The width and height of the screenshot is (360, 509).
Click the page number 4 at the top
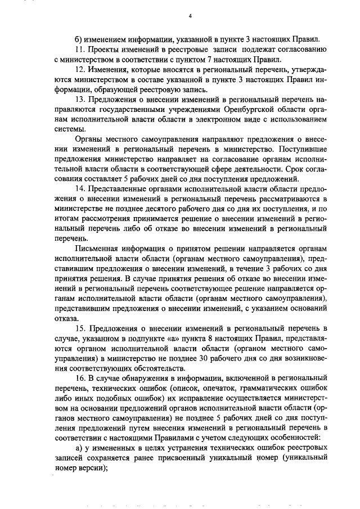point(191,16)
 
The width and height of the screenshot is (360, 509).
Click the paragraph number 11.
point(80,50)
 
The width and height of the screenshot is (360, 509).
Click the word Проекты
point(105,50)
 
